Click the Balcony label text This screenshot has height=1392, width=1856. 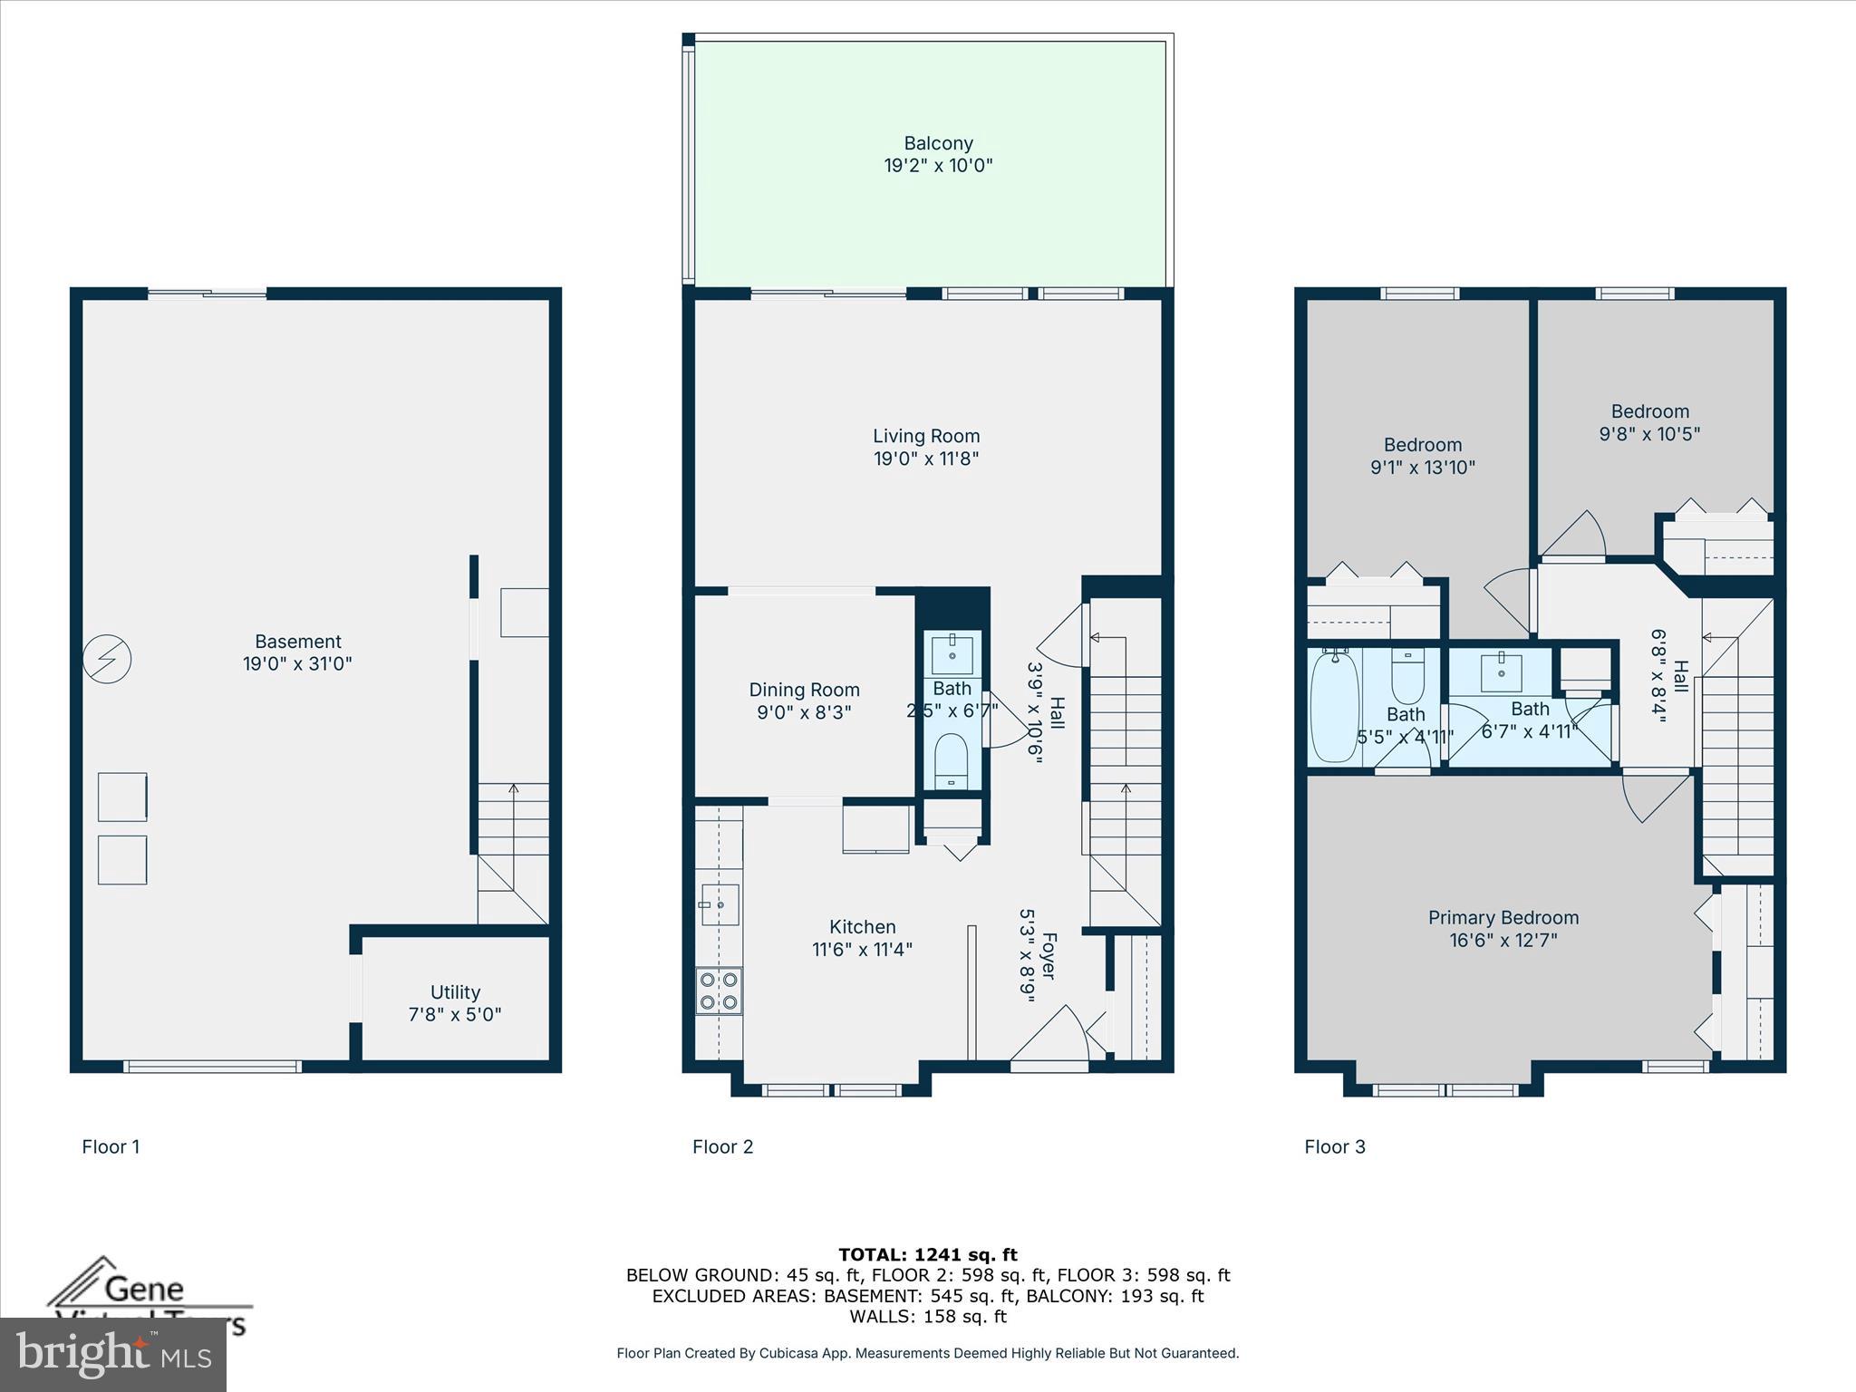coord(938,143)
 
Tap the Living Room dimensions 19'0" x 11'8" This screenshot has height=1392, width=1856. coord(926,459)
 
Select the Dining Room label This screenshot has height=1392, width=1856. coord(804,691)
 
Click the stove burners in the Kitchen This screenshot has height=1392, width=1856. coord(719,991)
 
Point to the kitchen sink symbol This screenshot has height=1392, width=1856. coord(720,904)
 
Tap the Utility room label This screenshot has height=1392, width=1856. coord(455,992)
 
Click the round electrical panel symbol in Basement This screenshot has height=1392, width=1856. coord(107,659)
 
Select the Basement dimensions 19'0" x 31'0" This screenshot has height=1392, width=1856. coord(297,663)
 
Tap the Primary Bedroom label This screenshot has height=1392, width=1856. coord(1503,918)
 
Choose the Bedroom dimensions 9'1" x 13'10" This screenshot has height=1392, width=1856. coord(1423,468)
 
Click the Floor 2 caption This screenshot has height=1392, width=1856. coord(722,1147)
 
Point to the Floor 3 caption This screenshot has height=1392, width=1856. coord(1334,1147)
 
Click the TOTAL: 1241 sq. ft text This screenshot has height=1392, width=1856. coord(928,1255)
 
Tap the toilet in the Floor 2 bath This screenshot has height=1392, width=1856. coord(952,759)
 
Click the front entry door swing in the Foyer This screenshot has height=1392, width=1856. coord(1051,1038)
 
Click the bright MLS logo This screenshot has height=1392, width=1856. coord(113,1354)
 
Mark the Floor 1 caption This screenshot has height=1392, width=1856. coord(111,1147)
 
